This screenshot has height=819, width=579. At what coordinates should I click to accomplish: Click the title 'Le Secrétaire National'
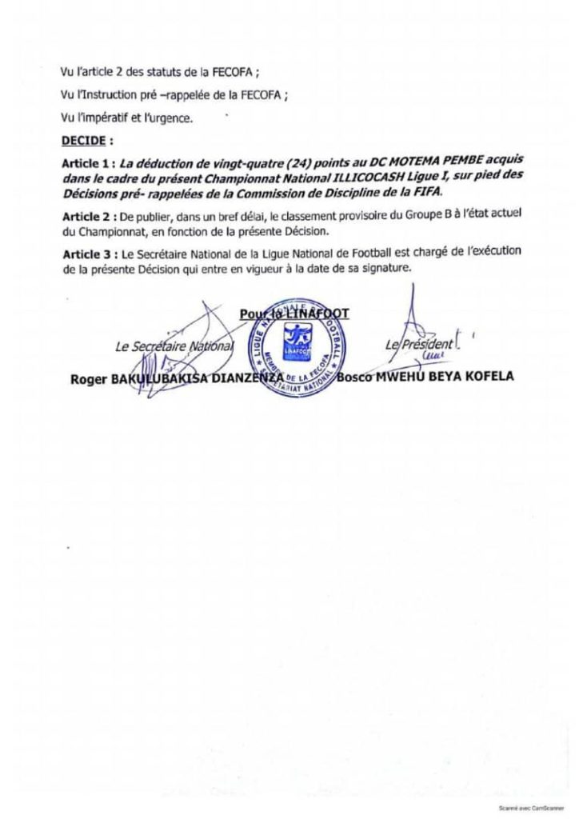pyautogui.click(x=173, y=346)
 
